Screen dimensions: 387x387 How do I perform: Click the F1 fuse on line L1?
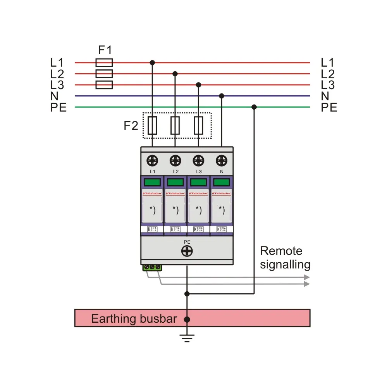[104, 62]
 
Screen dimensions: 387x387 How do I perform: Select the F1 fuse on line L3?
[104, 85]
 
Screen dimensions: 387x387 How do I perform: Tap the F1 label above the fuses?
[105, 50]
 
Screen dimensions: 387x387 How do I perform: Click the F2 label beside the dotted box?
[131, 126]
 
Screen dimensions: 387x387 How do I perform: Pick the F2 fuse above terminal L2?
[175, 126]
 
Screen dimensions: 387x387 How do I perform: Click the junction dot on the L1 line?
[152, 62]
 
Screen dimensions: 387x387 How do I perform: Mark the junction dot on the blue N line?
[222, 96]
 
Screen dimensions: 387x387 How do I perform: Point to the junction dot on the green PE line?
[254, 107]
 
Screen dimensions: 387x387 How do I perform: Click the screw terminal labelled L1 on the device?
[152, 160]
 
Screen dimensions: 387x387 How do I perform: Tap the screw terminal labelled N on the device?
[222, 160]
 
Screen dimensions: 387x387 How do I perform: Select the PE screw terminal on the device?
[187, 251]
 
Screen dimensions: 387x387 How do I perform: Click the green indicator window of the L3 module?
[198, 182]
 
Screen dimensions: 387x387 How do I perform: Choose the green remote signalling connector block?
[152, 267]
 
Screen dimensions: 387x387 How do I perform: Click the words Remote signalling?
[285, 258]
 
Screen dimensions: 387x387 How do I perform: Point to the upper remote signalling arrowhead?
[307, 277]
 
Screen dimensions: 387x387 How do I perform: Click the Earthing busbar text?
[134, 319]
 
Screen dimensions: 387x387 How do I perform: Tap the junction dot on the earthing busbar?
[187, 320]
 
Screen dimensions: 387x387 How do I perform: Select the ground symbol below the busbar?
[187, 338]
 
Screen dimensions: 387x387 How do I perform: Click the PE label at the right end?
[329, 107]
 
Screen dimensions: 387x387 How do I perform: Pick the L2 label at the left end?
[57, 74]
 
